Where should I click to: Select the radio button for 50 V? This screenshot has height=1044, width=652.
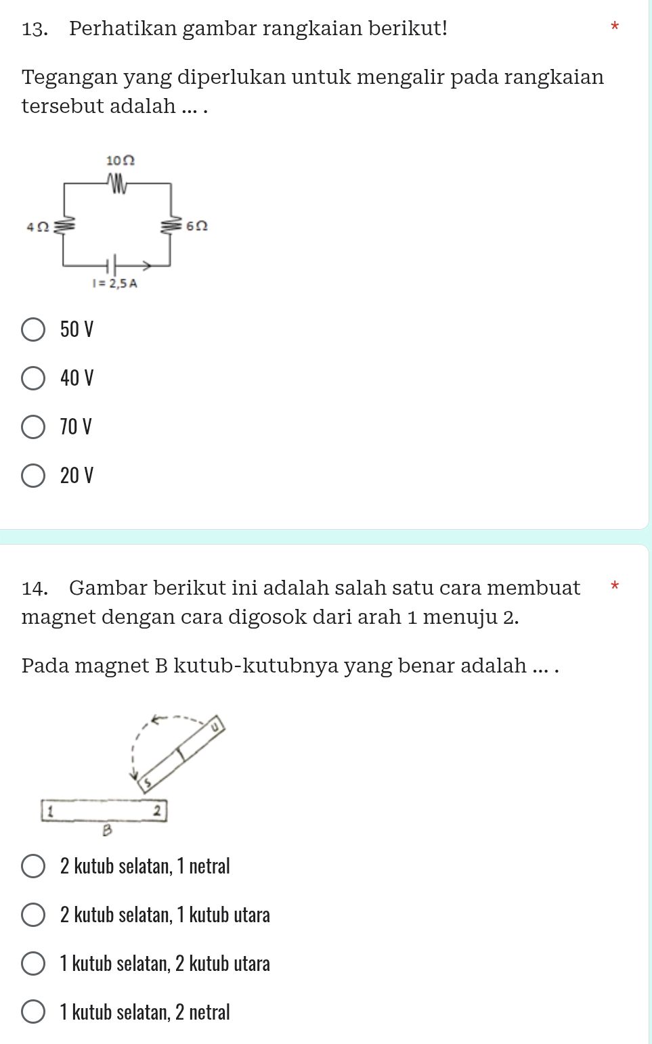tap(33, 330)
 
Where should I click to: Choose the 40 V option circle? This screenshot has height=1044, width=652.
tap(33, 378)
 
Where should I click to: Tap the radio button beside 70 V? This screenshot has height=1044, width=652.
tap(33, 427)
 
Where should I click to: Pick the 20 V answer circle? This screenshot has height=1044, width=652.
tap(33, 476)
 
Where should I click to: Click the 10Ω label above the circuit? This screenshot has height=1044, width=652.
tap(121, 160)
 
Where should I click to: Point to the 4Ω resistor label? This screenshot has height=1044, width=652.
tap(37, 227)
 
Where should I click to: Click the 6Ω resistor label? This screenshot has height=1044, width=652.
tap(196, 225)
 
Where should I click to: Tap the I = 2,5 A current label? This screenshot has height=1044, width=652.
tap(114, 283)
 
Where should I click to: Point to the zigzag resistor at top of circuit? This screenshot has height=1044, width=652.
tap(116, 183)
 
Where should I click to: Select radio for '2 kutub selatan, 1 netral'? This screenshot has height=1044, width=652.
tap(33, 866)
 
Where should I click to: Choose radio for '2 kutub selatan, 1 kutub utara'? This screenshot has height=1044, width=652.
tap(33, 915)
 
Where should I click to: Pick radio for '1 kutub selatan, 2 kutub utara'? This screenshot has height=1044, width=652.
tap(33, 963)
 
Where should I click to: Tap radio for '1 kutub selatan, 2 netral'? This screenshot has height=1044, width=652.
tap(33, 1012)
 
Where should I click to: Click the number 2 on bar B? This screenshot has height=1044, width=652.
tap(156, 811)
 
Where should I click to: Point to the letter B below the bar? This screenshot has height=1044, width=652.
tap(106, 830)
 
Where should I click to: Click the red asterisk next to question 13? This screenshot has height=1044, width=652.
tap(614, 27)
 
